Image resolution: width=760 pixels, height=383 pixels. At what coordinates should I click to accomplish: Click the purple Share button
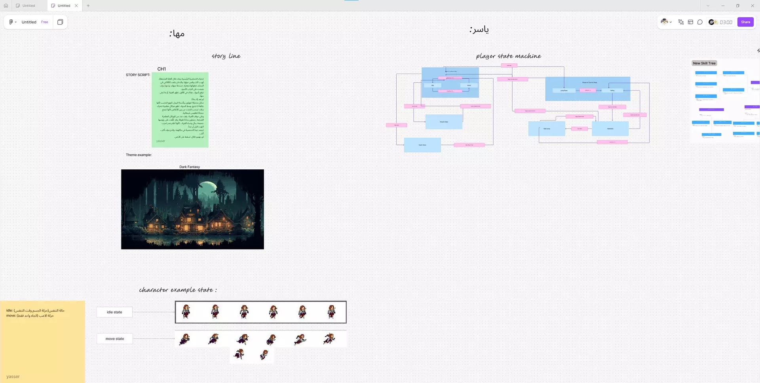click(745, 22)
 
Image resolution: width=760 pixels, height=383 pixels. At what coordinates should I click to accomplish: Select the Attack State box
click(444, 122)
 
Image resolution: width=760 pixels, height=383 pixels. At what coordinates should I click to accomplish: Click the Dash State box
click(422, 145)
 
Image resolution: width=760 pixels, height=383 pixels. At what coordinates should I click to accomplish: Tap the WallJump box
click(547, 129)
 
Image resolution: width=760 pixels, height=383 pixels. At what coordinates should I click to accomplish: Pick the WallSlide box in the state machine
click(610, 129)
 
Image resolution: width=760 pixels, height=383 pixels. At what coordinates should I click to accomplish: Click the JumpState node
click(564, 91)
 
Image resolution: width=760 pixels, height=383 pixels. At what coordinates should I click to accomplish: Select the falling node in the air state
click(612, 91)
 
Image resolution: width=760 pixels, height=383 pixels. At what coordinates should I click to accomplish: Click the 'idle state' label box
click(114, 312)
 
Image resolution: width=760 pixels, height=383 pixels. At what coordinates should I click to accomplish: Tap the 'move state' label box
click(115, 339)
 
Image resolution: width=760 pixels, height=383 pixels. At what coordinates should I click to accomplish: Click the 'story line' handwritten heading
click(226, 56)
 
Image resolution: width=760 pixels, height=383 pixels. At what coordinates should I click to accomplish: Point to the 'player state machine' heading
click(508, 56)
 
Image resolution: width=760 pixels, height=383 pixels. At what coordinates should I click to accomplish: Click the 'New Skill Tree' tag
click(704, 63)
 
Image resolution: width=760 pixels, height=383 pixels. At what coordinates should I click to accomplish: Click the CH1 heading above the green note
click(161, 69)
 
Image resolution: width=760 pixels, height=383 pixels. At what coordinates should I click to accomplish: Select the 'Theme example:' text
click(139, 155)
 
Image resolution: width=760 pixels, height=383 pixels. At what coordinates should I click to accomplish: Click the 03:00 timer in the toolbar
click(726, 22)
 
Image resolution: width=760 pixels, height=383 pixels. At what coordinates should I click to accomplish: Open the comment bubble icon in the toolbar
click(700, 22)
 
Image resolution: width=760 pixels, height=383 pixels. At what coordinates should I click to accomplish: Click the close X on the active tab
click(76, 6)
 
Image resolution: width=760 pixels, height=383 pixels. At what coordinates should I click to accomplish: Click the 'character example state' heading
click(178, 290)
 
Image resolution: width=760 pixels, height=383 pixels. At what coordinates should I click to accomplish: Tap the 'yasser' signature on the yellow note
click(13, 377)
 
